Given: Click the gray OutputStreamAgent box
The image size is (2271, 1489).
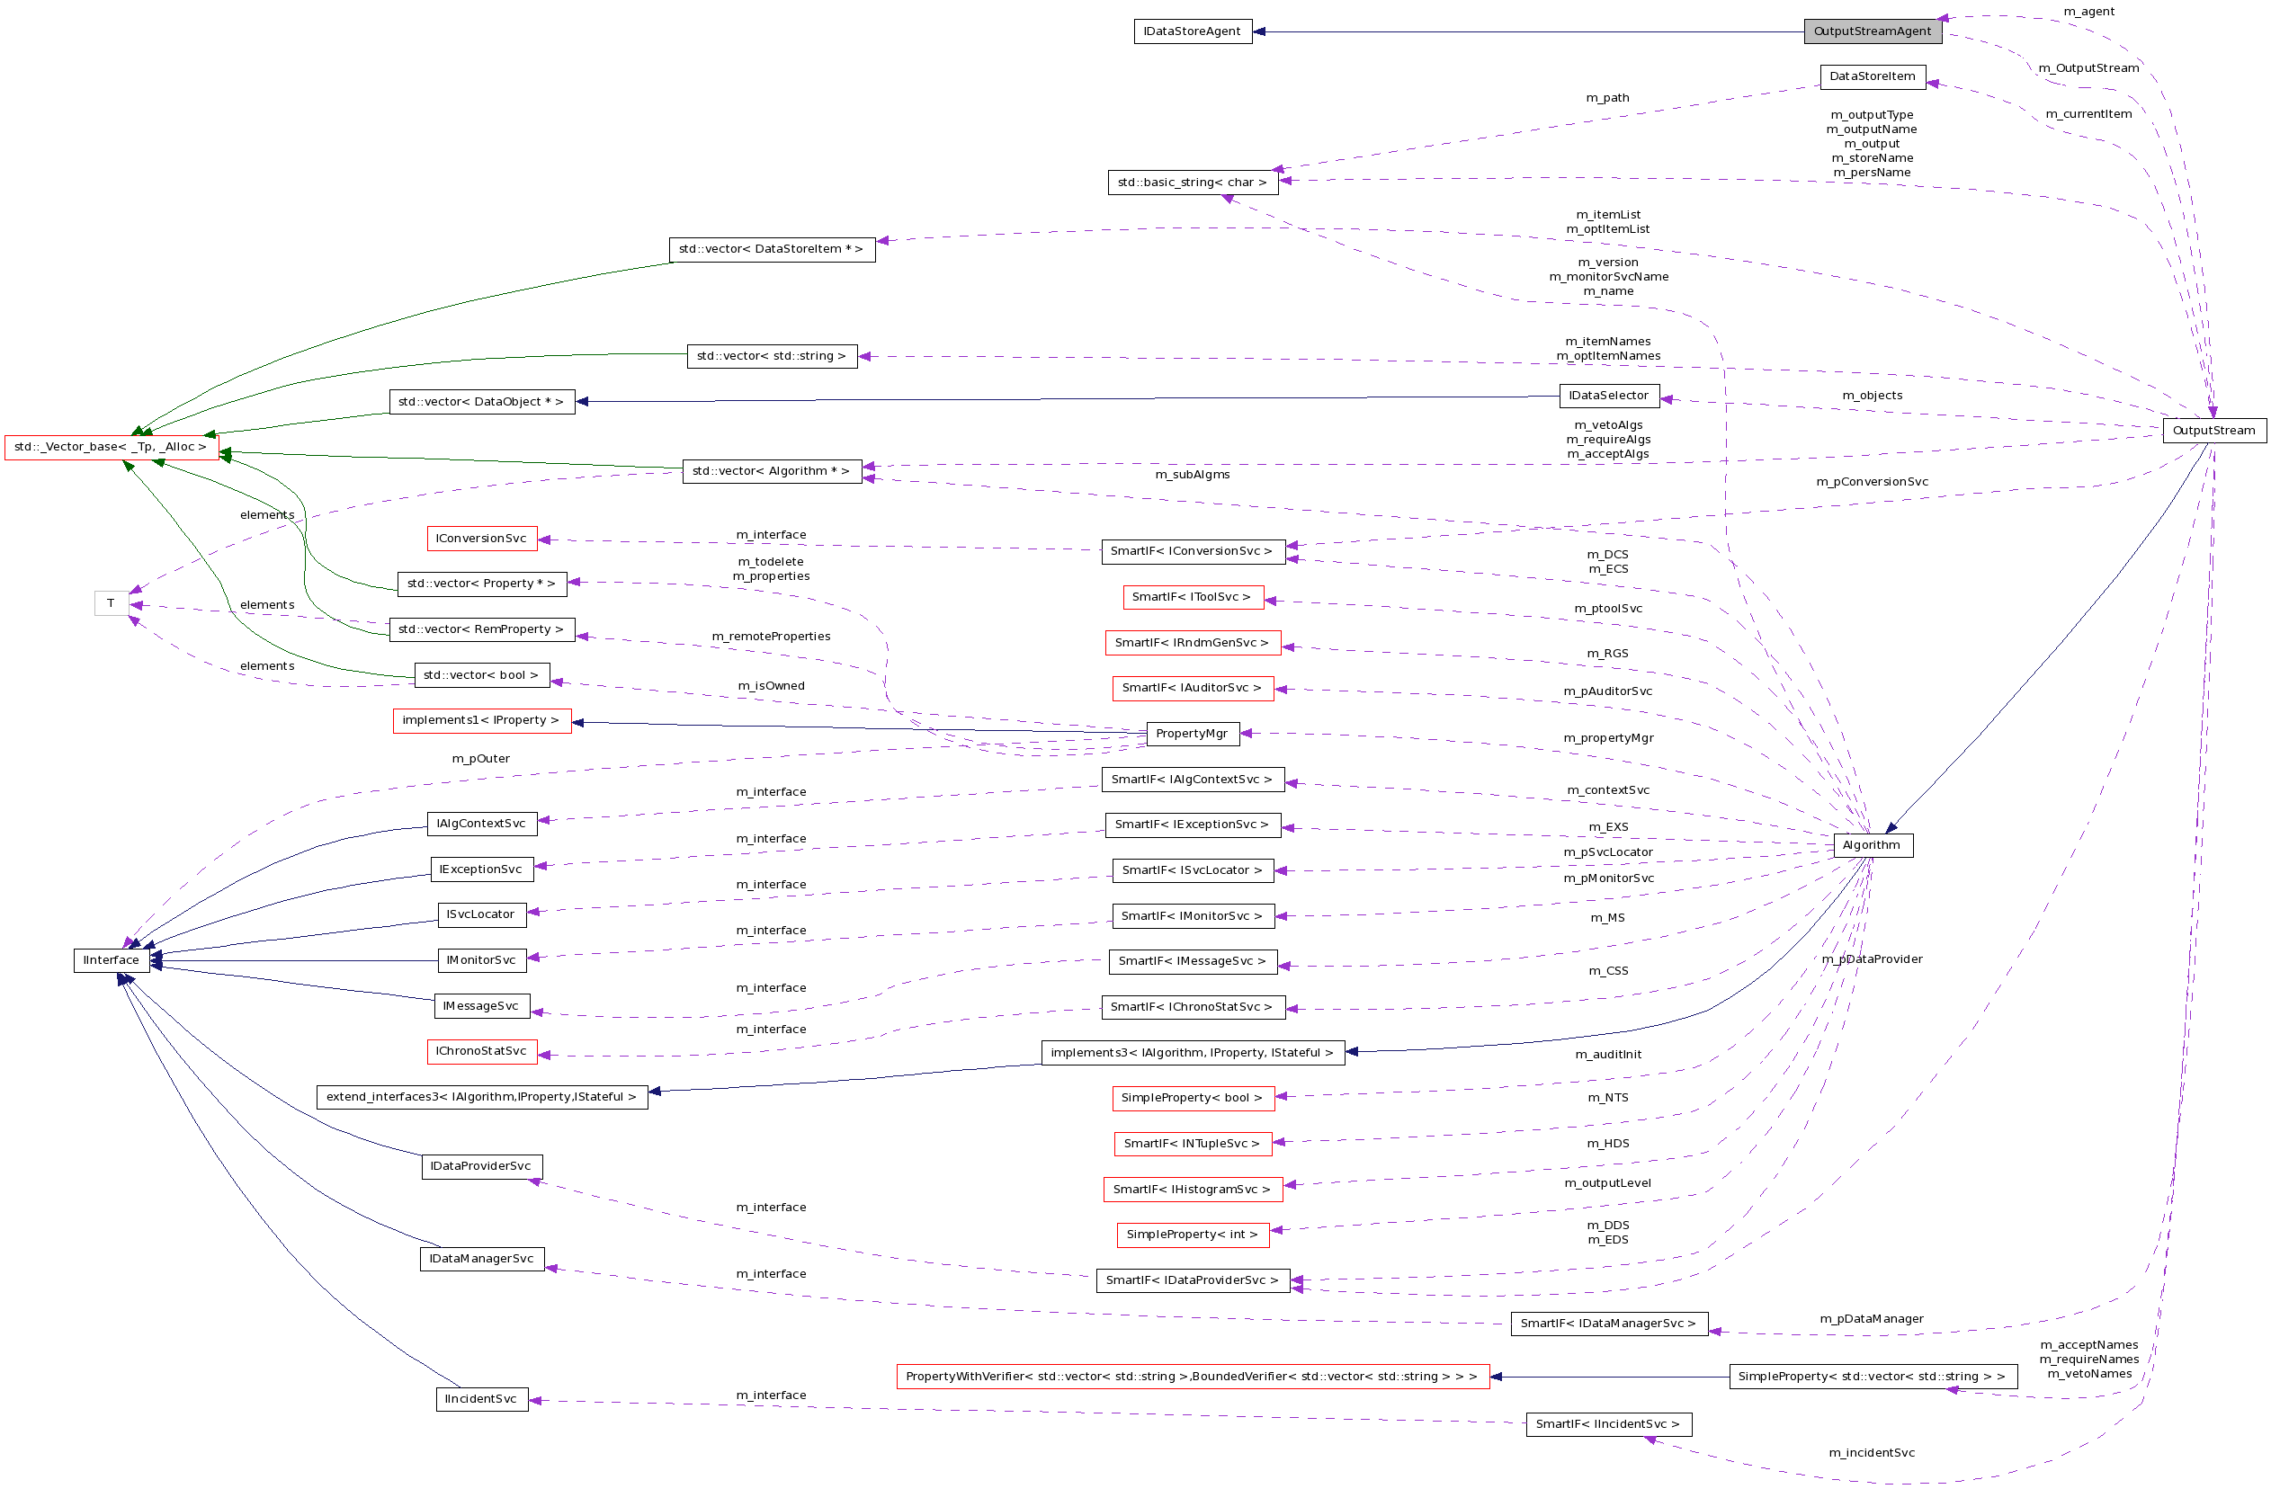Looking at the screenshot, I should [x=1873, y=31].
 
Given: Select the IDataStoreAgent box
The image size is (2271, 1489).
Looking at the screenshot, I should [x=1192, y=31].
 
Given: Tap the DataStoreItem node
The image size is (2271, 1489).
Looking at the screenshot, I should [x=1873, y=76].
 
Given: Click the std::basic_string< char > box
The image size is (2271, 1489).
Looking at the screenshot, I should [x=1192, y=183].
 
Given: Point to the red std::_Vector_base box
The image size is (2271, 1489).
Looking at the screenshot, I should [x=111, y=446].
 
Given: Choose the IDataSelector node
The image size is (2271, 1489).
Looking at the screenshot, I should [x=1609, y=396].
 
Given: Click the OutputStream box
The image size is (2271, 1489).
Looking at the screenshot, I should [x=2213, y=430].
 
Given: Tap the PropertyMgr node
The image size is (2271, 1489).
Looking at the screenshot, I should [x=1192, y=734].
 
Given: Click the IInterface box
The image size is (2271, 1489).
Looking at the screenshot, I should [x=111, y=960].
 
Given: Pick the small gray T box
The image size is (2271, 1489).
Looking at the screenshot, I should [x=111, y=602].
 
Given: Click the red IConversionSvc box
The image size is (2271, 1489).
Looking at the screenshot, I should [x=481, y=539].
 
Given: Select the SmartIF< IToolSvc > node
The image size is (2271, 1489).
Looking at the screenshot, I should [x=1192, y=597].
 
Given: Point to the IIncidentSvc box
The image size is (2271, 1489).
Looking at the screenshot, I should [x=481, y=1399].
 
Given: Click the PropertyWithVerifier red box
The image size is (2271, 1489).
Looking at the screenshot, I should [x=1192, y=1377].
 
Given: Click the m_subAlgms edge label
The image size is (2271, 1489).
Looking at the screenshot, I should [x=1192, y=475].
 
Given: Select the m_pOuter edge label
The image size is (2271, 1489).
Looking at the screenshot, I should [x=481, y=759].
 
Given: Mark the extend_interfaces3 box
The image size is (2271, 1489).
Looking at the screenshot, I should [x=481, y=1097].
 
